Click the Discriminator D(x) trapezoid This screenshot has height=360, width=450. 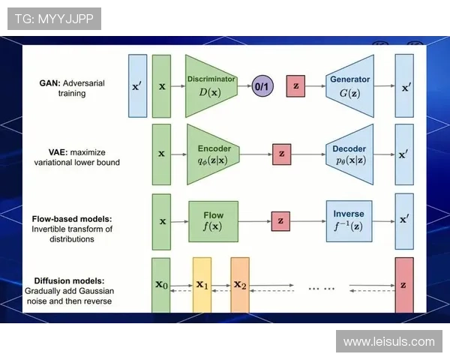coord(211,85)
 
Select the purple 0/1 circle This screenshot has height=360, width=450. coord(263,86)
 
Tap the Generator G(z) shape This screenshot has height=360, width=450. coord(349,85)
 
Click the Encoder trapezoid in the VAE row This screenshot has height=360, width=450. coord(214,154)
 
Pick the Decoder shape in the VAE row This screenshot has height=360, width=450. coord(349,154)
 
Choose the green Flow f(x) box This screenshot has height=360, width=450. coord(213,220)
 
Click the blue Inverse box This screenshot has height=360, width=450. coord(349,220)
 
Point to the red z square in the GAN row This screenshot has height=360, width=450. coord(296,86)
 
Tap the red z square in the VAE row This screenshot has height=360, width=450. coord(282,154)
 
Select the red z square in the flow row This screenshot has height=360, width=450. coord(280,220)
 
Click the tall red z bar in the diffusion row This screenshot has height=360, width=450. coord(404,285)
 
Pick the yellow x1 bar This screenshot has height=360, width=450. coord(202,285)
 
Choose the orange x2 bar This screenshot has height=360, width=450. coord(239,285)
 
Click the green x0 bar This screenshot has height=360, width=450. coord(161,285)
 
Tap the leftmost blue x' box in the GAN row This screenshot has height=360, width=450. coord(137,85)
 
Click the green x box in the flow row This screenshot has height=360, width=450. coord(161,220)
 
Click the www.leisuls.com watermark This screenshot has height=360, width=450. coord(389,342)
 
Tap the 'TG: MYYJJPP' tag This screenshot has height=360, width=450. coord(54,18)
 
